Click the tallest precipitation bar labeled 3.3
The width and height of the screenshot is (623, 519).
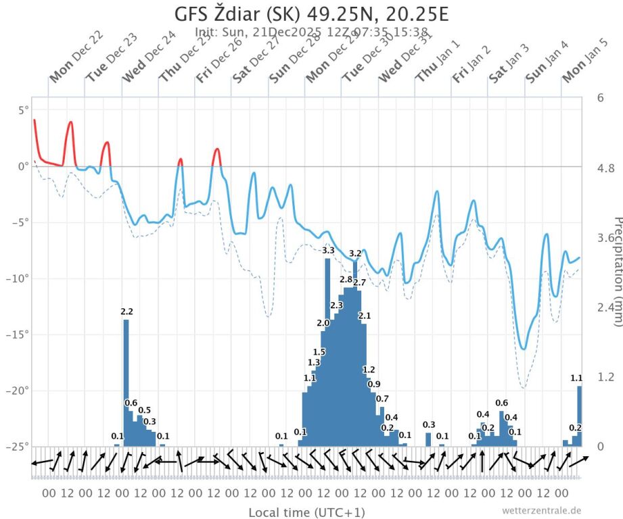[x=328, y=351]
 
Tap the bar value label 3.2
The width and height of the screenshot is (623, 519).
[x=355, y=253]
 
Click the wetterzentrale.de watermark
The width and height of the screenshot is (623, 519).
[x=541, y=510]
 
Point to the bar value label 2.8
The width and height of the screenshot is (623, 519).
[x=346, y=279]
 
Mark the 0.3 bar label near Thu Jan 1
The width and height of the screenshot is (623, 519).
[x=429, y=424]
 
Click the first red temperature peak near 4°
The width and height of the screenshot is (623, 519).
[x=34, y=120]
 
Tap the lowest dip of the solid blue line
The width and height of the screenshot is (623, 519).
[x=524, y=349]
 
